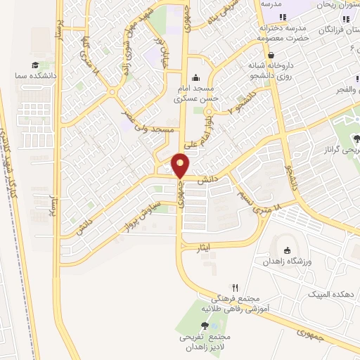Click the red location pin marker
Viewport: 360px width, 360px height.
181,165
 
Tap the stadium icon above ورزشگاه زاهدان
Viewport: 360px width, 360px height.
287,250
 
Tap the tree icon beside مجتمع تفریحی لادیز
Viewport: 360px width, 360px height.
205,325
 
